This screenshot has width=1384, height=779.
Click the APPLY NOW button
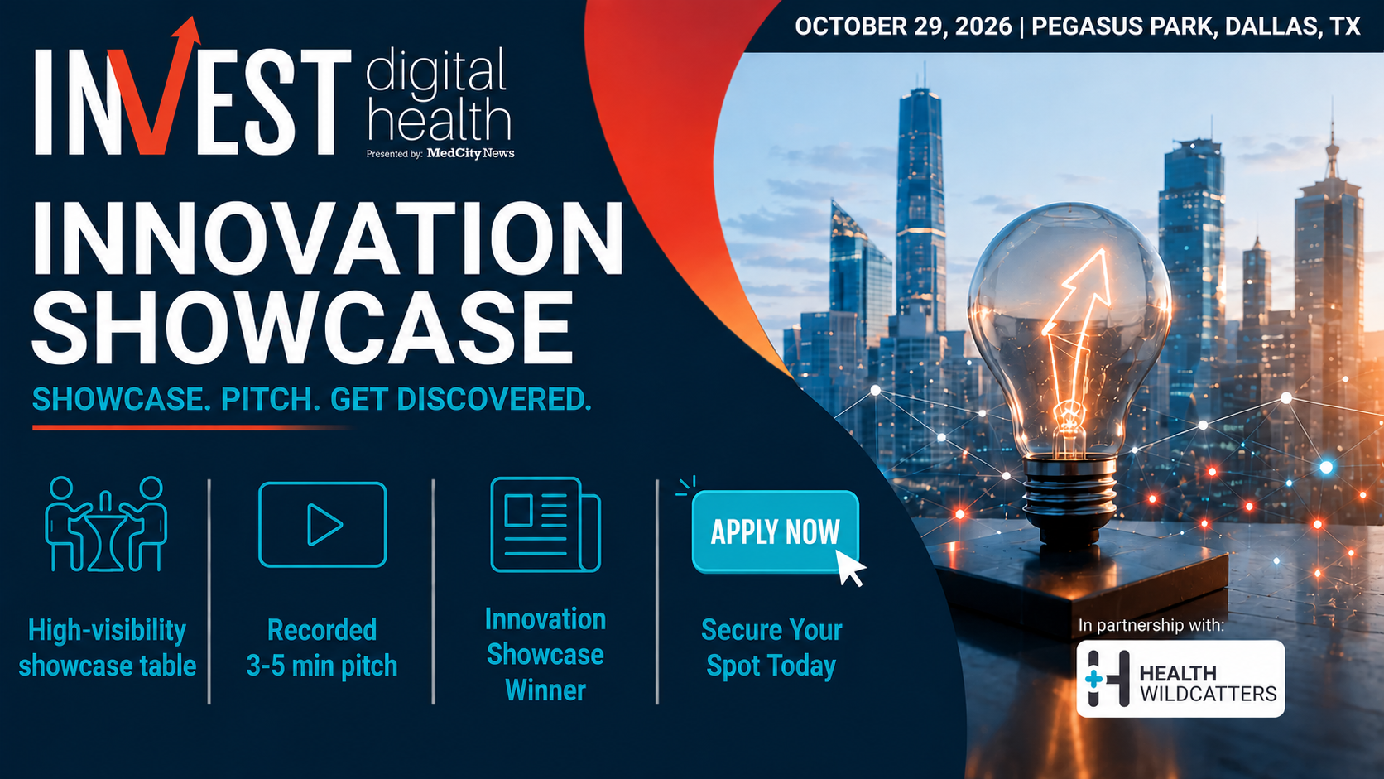[x=776, y=531]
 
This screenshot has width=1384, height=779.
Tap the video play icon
[x=323, y=525]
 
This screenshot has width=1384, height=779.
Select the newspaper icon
[x=545, y=525]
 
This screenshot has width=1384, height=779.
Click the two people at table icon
[x=106, y=525]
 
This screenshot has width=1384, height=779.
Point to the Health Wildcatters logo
[x=1180, y=678]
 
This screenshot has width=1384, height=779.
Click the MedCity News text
[x=470, y=153]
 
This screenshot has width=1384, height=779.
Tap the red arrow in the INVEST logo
[x=155, y=86]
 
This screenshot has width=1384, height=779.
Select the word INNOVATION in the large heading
[x=328, y=238]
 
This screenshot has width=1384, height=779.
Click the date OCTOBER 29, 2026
[x=903, y=26]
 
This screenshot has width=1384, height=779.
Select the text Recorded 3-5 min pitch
[x=322, y=648]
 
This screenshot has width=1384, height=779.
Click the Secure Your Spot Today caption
[x=771, y=648]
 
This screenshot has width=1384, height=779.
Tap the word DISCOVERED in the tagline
[x=494, y=399]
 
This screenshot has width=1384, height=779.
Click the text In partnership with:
[x=1151, y=625]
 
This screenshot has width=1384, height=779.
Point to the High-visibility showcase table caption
[x=108, y=648]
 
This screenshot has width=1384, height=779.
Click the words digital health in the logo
[x=439, y=94]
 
